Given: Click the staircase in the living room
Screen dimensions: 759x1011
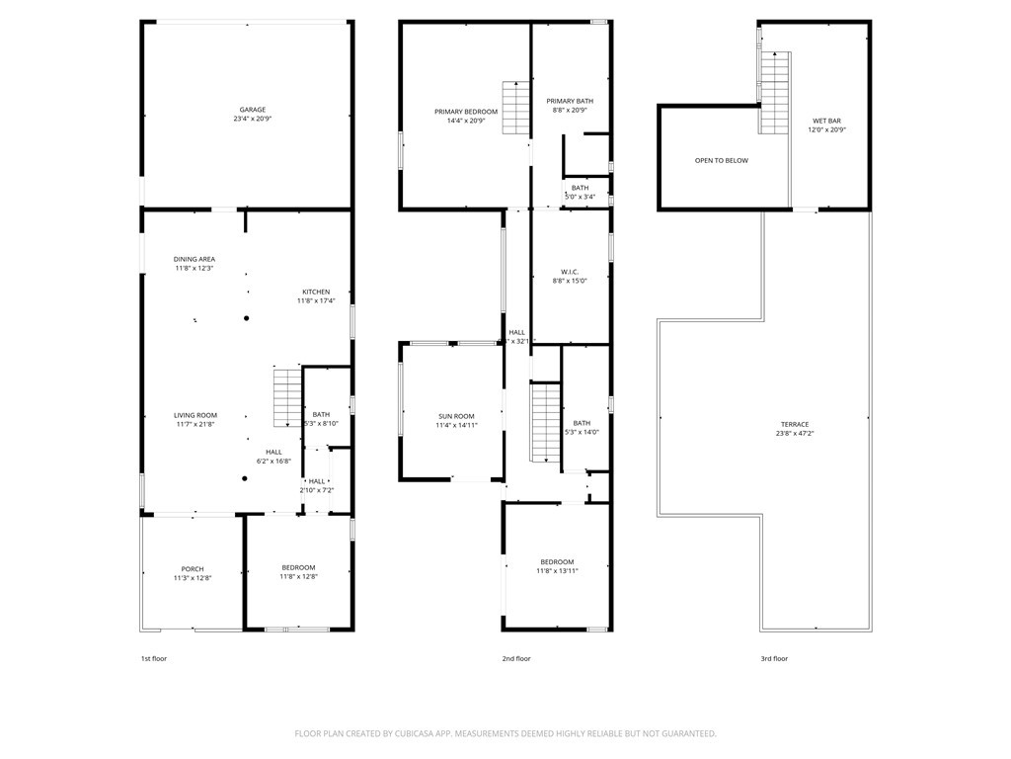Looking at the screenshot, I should [286, 396].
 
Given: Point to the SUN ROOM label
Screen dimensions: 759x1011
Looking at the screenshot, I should [457, 420].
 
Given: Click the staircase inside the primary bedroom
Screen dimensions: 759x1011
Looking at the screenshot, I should [516, 108].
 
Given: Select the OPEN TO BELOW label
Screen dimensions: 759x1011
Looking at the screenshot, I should [721, 160].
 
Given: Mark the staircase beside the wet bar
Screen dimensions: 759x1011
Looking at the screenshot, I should [775, 93].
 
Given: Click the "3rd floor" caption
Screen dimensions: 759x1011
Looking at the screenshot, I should [774, 658].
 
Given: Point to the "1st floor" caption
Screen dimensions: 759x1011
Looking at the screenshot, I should [153, 658].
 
